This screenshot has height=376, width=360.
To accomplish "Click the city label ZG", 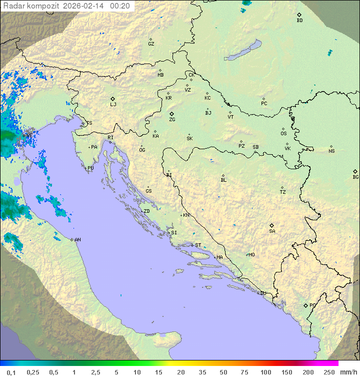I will click(172, 120).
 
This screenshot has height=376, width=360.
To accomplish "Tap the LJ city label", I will click(113, 105).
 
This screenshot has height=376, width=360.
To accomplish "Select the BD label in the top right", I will click(299, 21).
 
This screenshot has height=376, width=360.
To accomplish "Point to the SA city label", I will click(272, 231).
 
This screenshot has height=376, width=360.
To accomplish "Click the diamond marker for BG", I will click(355, 171).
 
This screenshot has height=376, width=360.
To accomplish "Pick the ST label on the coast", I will click(198, 245).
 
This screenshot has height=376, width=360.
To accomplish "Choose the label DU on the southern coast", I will click(262, 293).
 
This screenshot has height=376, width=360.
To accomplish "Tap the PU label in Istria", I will click(90, 168).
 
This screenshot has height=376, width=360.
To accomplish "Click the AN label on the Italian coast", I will click(77, 240).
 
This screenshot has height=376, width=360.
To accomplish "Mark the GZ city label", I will click(151, 44).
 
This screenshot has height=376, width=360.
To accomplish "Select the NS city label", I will click(331, 151).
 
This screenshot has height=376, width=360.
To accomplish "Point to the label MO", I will click(251, 255).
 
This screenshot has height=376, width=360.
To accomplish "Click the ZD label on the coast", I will click(146, 211).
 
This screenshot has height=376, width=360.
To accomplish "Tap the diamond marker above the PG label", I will click(305, 305).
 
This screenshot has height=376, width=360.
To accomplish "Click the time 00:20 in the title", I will click(120, 6).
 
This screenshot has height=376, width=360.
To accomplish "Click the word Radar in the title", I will click(13, 6).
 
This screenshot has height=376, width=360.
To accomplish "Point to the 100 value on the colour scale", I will click(265, 372).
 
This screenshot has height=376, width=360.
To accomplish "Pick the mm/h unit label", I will click(346, 372).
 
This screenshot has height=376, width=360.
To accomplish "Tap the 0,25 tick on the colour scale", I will click(33, 372).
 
